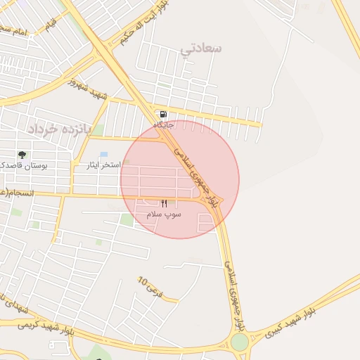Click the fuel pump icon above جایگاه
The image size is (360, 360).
click(164, 115)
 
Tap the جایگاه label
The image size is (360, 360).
click(164, 125)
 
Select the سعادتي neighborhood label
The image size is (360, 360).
click(201, 49)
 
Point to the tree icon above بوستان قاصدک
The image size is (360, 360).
click(22, 155)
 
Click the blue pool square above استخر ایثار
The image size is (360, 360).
click(104, 154)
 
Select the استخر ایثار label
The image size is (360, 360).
click(102, 165)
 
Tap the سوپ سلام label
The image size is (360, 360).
click(164, 213)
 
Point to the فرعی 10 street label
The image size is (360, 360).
click(150, 286)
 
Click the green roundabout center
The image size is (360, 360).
click(239, 342)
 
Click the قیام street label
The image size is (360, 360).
click(51, 25)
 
